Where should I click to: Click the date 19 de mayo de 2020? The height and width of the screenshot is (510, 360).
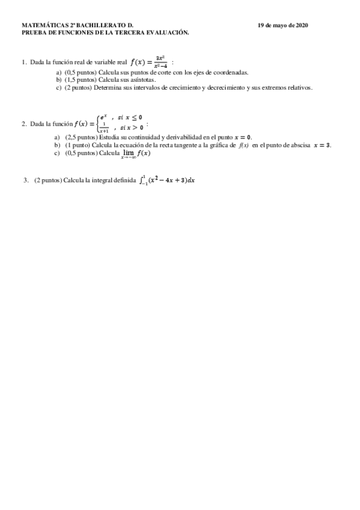click(x=282, y=26)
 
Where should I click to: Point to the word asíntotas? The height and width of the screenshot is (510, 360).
click(x=141, y=79)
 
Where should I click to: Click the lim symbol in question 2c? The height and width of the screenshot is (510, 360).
click(x=128, y=153)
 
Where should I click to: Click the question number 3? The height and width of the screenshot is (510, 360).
click(x=25, y=180)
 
